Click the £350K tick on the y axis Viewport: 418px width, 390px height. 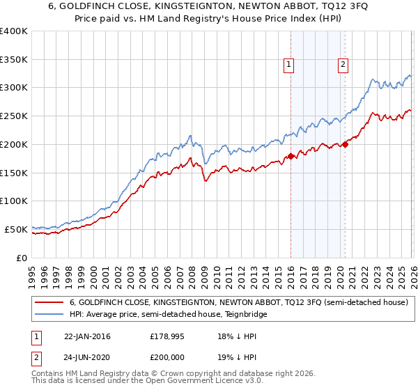coord(14,59)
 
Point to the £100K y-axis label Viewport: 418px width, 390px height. coord(14,201)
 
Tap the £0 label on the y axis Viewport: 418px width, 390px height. coord(22,258)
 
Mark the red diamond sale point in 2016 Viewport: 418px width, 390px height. coord(291,156)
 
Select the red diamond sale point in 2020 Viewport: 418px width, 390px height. coord(345,144)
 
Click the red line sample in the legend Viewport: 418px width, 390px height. coord(49,302)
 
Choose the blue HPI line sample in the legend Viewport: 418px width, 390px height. coord(49,314)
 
